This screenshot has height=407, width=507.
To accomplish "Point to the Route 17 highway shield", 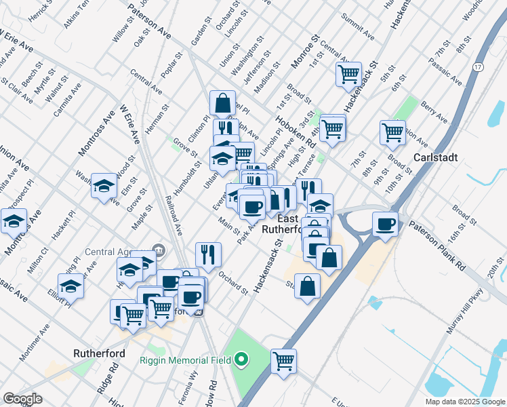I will (x=478, y=66).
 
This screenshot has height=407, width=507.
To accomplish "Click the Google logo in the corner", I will (x=23, y=398).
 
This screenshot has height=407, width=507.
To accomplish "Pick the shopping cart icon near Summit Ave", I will (x=348, y=73).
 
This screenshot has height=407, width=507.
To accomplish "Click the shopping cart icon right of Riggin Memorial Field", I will (x=283, y=360).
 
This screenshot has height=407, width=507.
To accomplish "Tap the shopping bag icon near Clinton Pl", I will (x=222, y=103).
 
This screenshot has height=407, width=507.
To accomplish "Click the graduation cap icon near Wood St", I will (x=104, y=185).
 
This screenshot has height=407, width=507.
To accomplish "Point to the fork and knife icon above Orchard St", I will (x=208, y=254).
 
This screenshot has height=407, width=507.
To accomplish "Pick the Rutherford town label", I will (x=96, y=353).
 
